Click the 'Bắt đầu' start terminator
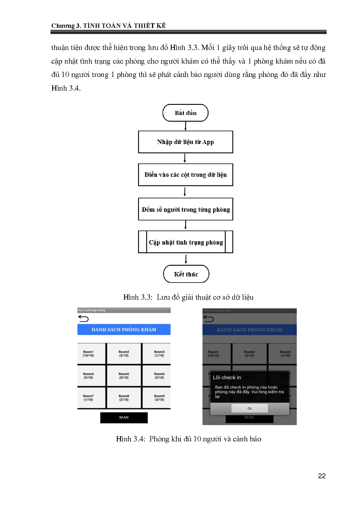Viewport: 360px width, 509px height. pyautogui.click(x=185, y=113)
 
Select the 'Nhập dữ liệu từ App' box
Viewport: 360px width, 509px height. pyautogui.click(x=185, y=142)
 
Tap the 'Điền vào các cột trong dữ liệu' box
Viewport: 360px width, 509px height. pyautogui.click(x=185, y=175)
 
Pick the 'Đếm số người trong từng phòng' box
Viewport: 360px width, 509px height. pyautogui.click(x=185, y=209)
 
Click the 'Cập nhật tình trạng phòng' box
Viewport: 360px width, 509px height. pyautogui.click(x=185, y=242)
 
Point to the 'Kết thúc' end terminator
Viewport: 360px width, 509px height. pyautogui.click(x=186, y=274)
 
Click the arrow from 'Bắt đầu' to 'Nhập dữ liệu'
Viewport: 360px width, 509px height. pyautogui.click(x=185, y=126)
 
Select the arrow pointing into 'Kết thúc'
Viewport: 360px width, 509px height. pyautogui.click(x=186, y=259)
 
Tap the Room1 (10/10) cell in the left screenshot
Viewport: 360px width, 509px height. pyautogui.click(x=88, y=354)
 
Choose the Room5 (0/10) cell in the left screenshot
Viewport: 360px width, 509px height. pyautogui.click(x=124, y=376)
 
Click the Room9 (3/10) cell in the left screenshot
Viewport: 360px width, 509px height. pyautogui.click(x=159, y=398)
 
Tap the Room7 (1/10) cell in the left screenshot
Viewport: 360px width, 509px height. pyautogui.click(x=88, y=398)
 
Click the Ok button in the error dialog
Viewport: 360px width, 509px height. pyautogui.click(x=249, y=409)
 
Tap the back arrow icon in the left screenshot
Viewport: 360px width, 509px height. pyautogui.click(x=84, y=319)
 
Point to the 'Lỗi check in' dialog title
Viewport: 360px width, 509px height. pyautogui.click(x=227, y=377)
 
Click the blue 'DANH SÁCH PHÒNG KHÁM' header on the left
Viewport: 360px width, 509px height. pyautogui.click(x=124, y=330)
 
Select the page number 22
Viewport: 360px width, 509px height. pyautogui.click(x=322, y=476)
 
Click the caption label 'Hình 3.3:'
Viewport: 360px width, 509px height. pyautogui.click(x=138, y=297)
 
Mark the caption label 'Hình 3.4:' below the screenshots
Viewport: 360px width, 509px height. pyautogui.click(x=130, y=439)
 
